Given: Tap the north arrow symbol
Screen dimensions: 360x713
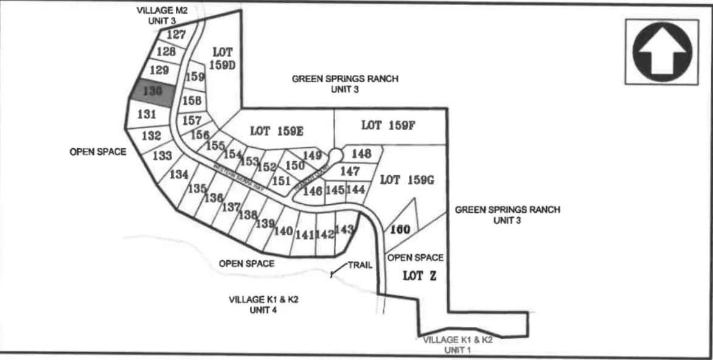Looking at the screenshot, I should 662,52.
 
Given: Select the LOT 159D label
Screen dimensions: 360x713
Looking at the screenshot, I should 223,58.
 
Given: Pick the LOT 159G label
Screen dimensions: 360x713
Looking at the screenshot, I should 406,179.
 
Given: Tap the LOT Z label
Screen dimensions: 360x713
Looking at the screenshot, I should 420,275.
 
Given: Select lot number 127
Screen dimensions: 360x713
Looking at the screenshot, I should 176,35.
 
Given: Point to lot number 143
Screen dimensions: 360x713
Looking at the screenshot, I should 344,229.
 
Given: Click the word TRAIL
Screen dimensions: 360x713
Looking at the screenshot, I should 360,266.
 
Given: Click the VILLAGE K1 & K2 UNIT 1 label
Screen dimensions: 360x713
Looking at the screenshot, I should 457,345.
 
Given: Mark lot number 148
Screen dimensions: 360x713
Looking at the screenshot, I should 361,154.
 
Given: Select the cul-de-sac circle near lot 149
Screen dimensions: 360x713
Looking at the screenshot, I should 336,155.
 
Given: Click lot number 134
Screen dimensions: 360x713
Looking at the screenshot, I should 179,175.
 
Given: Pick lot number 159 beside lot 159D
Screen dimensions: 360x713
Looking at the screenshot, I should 195,77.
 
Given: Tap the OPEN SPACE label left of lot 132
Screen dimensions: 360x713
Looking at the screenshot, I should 98,151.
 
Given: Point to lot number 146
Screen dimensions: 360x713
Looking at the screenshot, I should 312,191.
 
